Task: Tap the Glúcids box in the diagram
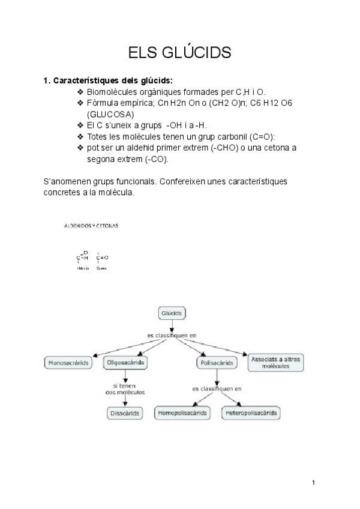[172, 313]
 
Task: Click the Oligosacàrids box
[126, 363]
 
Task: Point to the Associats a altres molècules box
[275, 362]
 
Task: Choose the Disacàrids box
[124, 413]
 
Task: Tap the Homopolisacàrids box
[183, 413]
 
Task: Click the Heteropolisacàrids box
[251, 413]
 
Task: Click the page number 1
[314, 482]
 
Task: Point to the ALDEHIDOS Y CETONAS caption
[91, 226]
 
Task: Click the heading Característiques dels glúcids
[109, 80]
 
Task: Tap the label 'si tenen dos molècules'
[125, 389]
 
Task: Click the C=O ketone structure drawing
[102, 258]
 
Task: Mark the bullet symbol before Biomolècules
[81, 92]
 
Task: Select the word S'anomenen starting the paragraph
[66, 181]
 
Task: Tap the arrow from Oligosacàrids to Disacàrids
[125, 377]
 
